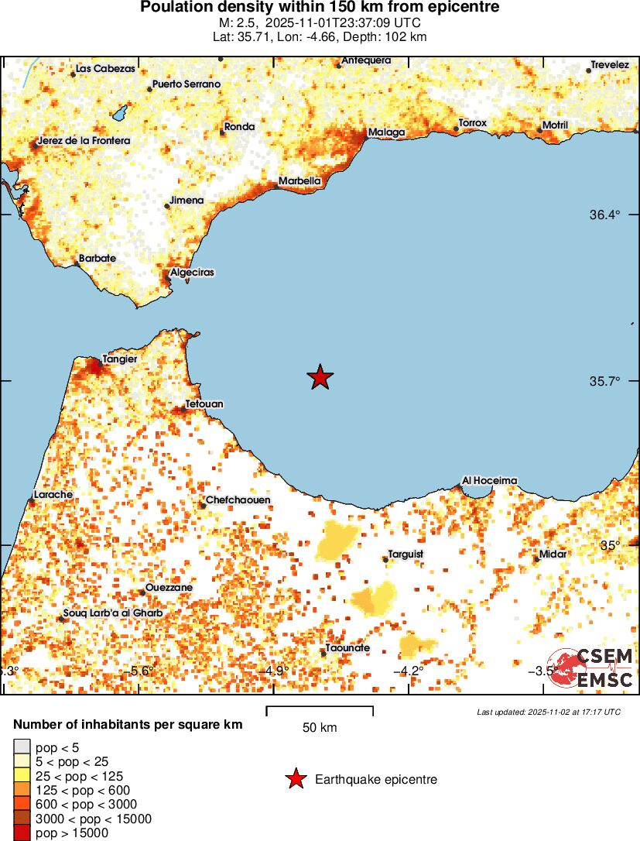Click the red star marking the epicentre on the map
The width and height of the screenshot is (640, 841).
pyautogui.click(x=320, y=377)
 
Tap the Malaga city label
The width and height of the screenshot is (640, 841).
pyautogui.click(x=386, y=132)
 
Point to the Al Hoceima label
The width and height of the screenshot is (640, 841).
pyautogui.click(x=489, y=480)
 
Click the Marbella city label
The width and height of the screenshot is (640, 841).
pyautogui.click(x=299, y=181)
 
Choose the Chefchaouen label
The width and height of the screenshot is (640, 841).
pyautogui.click(x=238, y=500)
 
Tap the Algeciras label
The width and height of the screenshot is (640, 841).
pyautogui.click(x=192, y=273)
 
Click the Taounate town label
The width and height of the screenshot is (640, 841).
pyautogui.click(x=347, y=648)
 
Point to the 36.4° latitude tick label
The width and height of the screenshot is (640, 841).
pyautogui.click(x=605, y=215)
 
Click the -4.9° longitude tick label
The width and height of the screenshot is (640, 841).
pyautogui.click(x=276, y=671)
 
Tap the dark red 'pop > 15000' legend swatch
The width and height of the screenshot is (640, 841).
pyautogui.click(x=22, y=833)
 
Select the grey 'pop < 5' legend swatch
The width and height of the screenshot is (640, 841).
pyautogui.click(x=22, y=747)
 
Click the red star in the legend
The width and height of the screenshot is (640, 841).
pyautogui.click(x=295, y=779)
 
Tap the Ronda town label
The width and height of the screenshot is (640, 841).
pyautogui.click(x=239, y=126)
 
